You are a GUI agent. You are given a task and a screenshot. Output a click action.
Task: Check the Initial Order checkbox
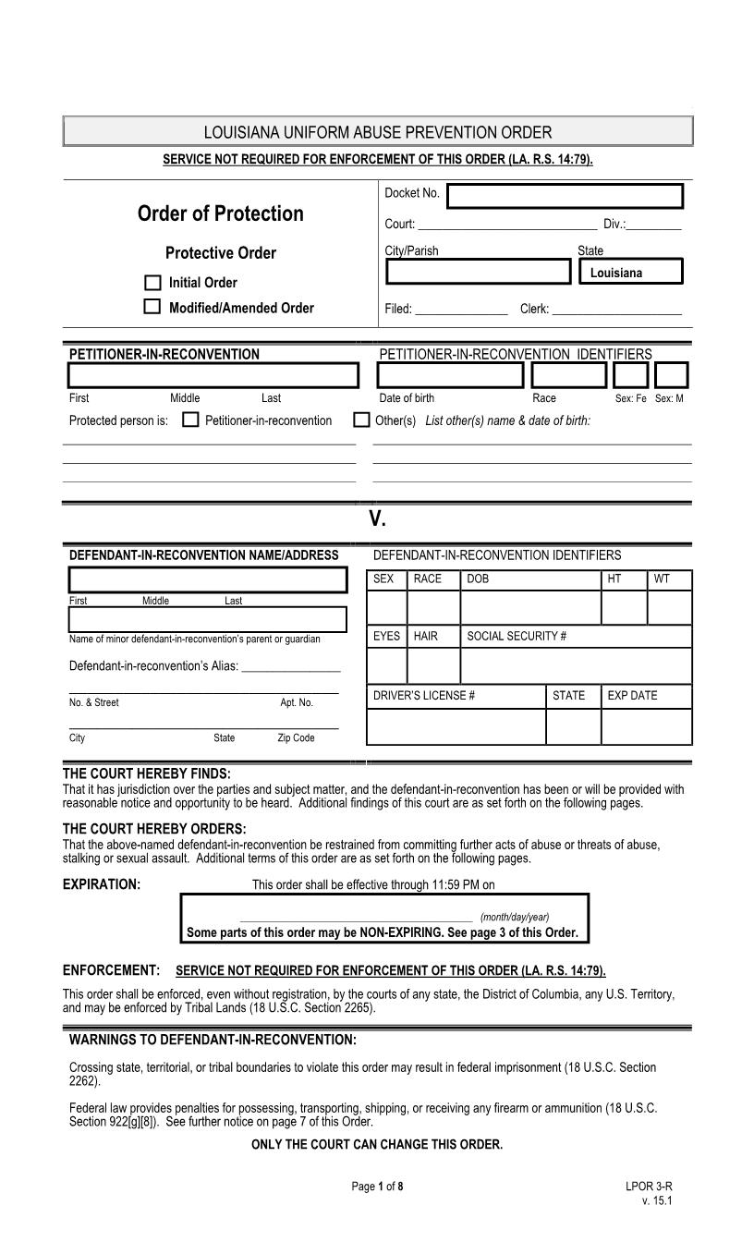[152, 283]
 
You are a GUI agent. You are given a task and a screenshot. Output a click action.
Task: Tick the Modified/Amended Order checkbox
[152, 307]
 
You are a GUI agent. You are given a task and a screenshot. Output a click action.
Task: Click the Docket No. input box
[565, 196]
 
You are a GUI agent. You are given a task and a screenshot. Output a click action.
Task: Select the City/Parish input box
[478, 272]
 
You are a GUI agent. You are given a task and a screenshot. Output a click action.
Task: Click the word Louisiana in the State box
[616, 273]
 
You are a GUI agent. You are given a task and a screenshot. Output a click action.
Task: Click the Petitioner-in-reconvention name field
[213, 375]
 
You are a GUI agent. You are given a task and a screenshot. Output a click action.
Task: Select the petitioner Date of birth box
[450, 375]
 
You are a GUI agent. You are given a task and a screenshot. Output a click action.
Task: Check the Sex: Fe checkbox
[630, 375]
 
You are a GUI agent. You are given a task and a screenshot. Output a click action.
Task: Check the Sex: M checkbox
[671, 375]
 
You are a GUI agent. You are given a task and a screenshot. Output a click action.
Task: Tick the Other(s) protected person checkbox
[362, 420]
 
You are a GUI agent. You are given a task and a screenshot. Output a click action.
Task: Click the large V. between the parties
[377, 518]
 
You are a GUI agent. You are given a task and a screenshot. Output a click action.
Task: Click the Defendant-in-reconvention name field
[208, 579]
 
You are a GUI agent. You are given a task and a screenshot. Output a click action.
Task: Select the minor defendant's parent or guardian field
[208, 618]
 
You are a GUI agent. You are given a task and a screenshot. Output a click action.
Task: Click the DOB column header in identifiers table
[478, 579]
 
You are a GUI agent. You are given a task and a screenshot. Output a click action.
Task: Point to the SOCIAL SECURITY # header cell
[517, 636]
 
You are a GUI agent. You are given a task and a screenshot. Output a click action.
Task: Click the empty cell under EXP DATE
[646, 726]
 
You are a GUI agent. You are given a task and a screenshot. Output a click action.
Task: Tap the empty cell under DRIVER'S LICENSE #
[456, 726]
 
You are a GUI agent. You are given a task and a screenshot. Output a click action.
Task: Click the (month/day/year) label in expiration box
[515, 917]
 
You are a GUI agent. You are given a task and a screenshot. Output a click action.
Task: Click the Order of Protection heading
[220, 213]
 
